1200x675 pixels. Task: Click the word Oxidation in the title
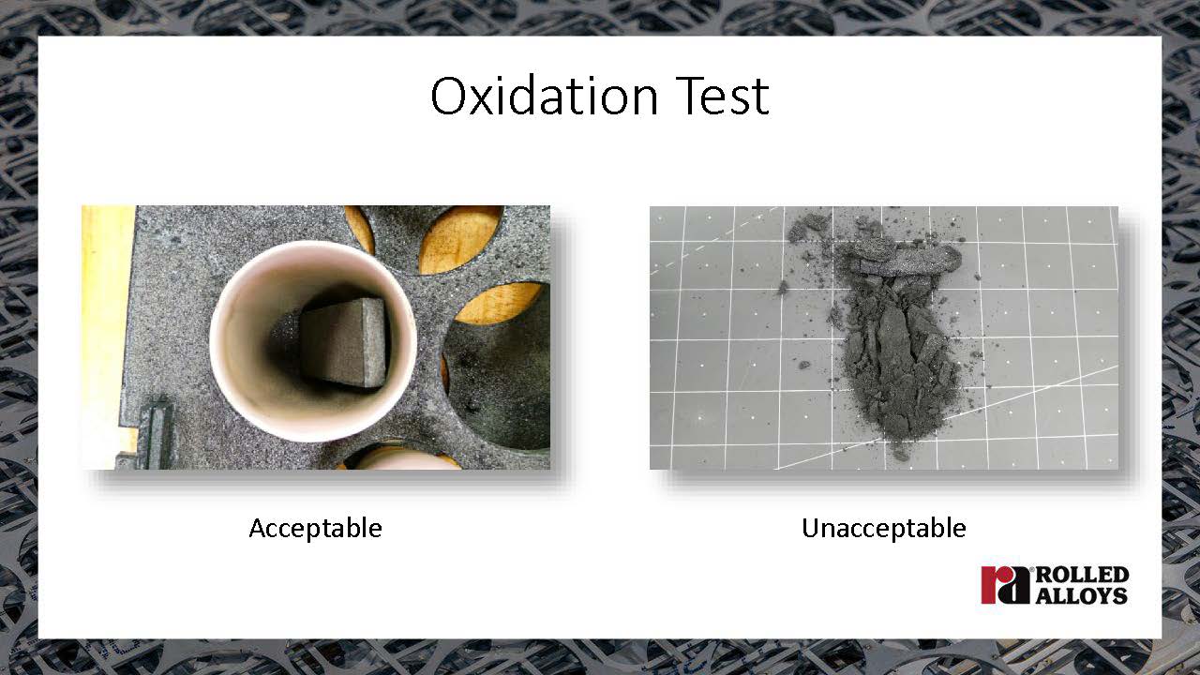click(x=545, y=96)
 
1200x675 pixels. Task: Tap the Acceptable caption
click(x=316, y=528)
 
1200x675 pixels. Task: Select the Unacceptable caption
click(x=884, y=528)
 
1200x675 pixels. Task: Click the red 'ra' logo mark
click(x=1005, y=585)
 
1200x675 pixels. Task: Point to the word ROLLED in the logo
click(x=1082, y=575)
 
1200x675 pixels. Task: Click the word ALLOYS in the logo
click(x=1081, y=595)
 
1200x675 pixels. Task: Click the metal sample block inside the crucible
click(x=343, y=342)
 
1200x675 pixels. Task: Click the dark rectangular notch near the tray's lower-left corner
click(x=157, y=433)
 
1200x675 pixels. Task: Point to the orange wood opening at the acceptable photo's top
click(x=459, y=238)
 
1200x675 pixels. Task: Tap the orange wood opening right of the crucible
click(x=498, y=303)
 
